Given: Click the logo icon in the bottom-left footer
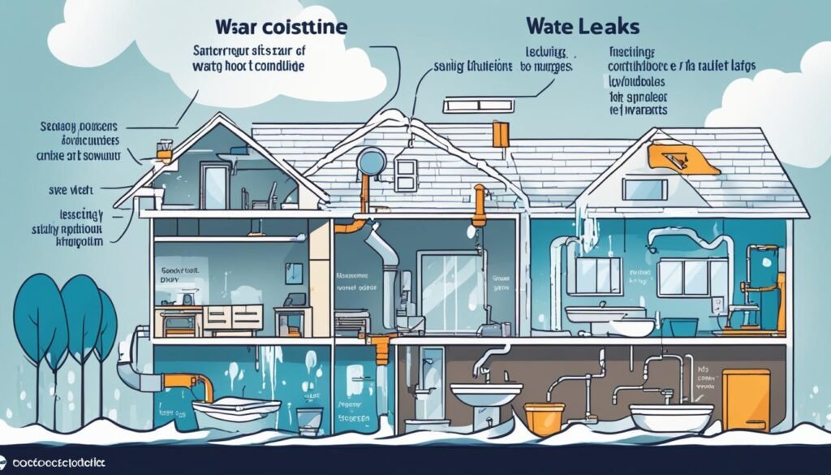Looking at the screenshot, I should pyautogui.click(x=8, y=462).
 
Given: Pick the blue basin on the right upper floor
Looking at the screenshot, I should pyautogui.click(x=683, y=326).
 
